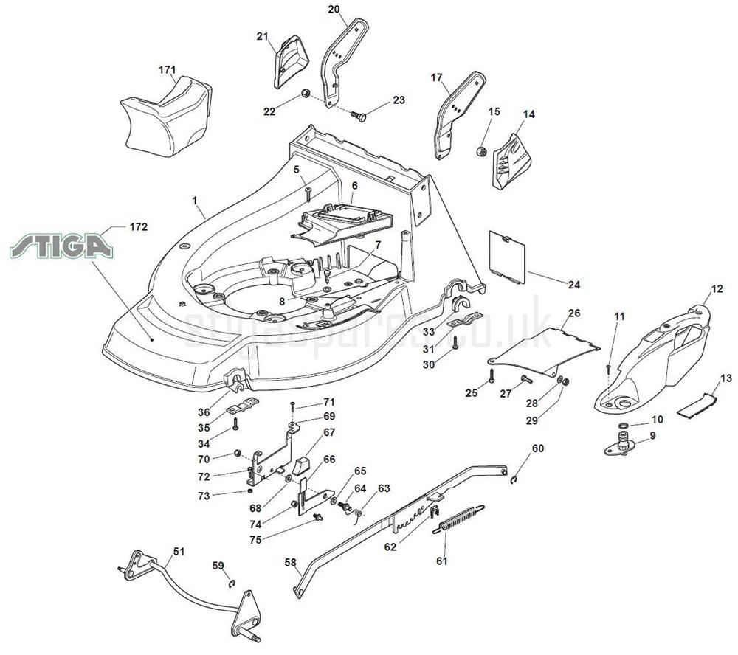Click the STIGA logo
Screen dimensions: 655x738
pos(61,245)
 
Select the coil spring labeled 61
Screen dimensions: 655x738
pos(460,516)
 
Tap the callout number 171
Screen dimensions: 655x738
pos(168,70)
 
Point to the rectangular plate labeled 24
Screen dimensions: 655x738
pos(508,255)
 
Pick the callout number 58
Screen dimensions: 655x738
pos(290,562)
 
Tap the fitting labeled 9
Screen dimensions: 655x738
pos(621,445)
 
